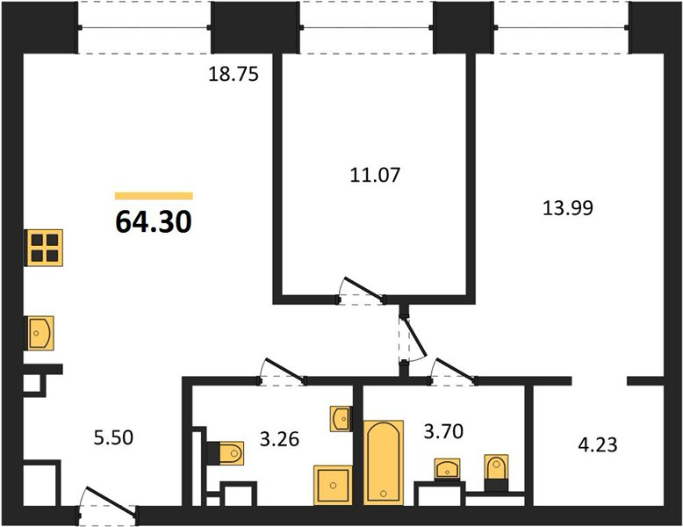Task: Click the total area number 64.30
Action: tap(154, 221)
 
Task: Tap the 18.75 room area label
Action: tap(234, 74)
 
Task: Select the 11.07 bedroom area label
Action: tap(375, 175)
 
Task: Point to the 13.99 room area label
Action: tap(568, 208)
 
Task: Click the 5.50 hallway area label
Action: tap(113, 437)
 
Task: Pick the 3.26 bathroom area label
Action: tap(279, 439)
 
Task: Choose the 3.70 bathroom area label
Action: tap(443, 431)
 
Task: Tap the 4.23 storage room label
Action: tap(598, 445)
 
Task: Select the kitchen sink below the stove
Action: tap(40, 333)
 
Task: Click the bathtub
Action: tap(384, 463)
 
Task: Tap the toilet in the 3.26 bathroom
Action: tap(226, 453)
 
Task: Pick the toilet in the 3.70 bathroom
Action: tap(496, 473)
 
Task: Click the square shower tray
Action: tap(333, 485)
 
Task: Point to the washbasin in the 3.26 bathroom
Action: tap(341, 419)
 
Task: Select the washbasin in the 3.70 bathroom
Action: tap(448, 469)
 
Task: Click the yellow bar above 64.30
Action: tap(154, 196)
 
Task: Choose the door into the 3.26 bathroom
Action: tap(283, 372)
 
